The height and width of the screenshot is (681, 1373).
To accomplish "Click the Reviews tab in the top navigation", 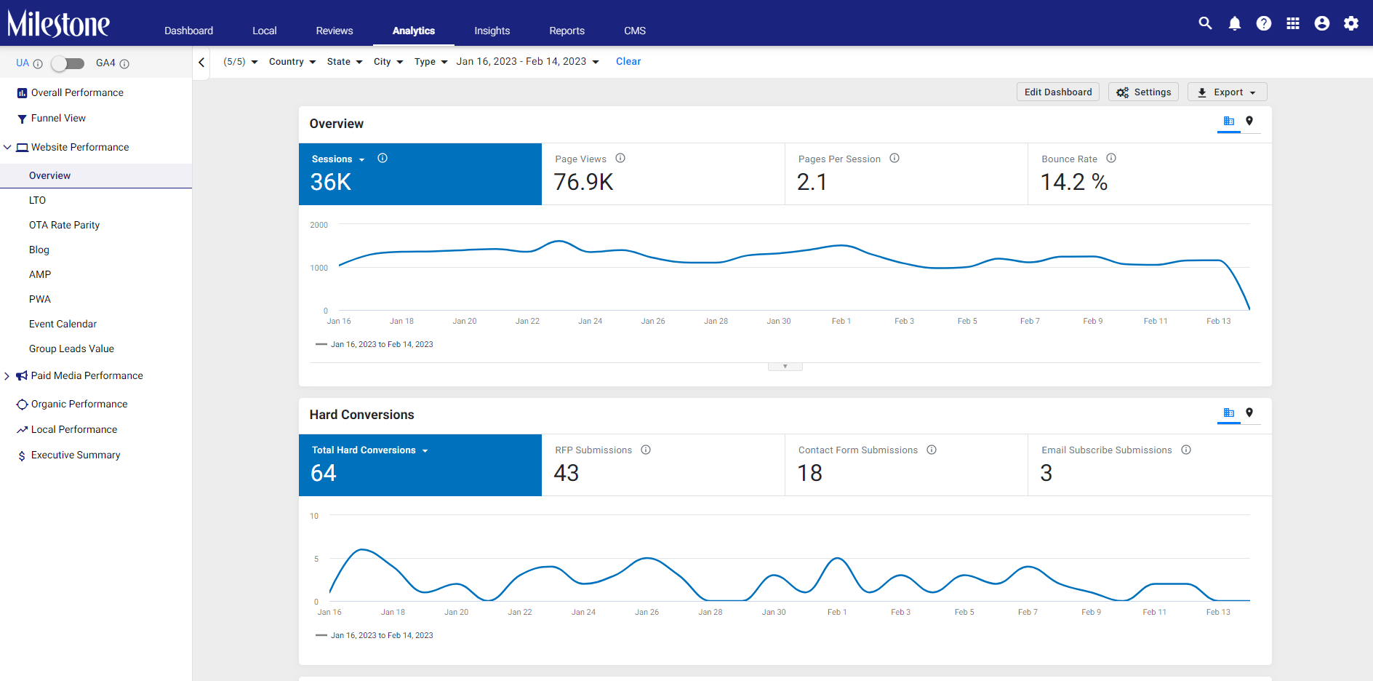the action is pos(335,31).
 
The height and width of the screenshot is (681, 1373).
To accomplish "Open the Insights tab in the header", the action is pos(492,31).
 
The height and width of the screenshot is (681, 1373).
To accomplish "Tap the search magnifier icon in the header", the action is pos(1205,23).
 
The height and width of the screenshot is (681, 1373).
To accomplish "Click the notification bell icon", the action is pos(1235,23).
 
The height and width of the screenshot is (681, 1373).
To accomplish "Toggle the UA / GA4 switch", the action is pos(68,63).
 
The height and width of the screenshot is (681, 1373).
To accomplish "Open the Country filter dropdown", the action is pos(292,62).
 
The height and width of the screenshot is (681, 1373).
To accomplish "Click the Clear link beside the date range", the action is pos(628,62).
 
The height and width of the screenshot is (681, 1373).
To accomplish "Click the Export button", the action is pos(1228,92).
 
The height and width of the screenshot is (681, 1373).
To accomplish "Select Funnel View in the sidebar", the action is pos(58,118).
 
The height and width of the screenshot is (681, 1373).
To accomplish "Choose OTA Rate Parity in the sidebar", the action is pos(64,225).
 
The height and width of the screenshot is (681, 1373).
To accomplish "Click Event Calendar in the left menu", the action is pos(63,324).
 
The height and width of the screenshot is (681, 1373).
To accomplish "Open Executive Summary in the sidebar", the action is pos(76,455).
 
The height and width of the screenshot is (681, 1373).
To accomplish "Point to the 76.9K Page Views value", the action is pos(583,182).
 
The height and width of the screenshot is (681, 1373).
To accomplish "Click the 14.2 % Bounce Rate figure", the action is pos(1074,182).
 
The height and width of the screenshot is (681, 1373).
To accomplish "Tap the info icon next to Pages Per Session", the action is pos(894,158).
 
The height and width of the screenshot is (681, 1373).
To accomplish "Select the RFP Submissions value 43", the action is pos(567,473).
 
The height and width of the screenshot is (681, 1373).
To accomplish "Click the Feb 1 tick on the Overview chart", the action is pos(841,321).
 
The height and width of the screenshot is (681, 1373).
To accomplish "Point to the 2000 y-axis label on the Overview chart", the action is pos(319,225).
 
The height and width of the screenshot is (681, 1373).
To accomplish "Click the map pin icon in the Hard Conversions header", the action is pos(1249,413).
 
